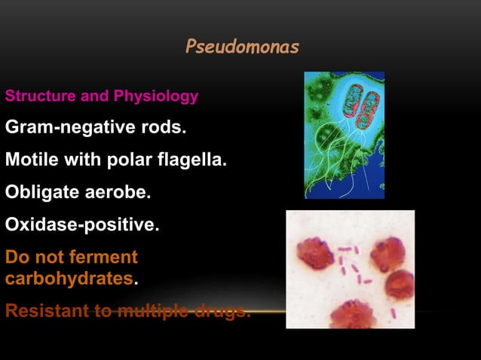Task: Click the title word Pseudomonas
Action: click(x=242, y=47)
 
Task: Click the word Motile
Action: click(x=29, y=160)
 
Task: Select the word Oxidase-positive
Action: click(x=82, y=224)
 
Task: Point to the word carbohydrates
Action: click(x=69, y=279)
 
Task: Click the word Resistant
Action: click(x=44, y=310)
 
